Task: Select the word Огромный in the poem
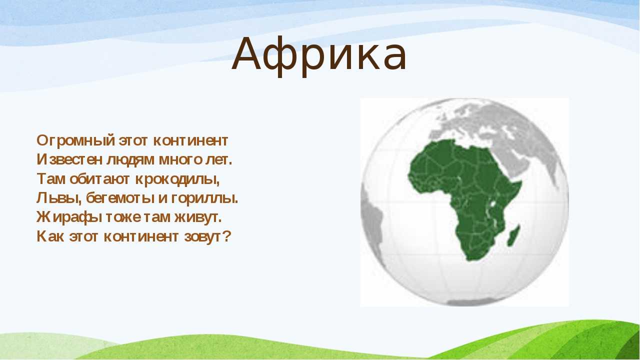(x=76, y=141)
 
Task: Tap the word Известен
(x=69, y=159)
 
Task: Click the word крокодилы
(x=177, y=179)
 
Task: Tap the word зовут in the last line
(x=202, y=237)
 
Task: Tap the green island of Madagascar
(x=513, y=235)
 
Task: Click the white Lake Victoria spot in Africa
(x=492, y=204)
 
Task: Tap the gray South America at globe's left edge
(x=371, y=220)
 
